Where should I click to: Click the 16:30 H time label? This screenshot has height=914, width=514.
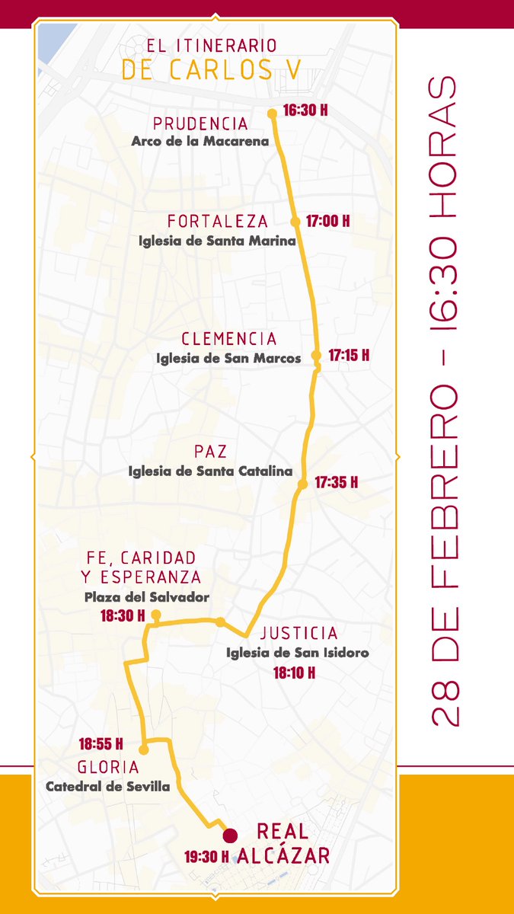point(305,110)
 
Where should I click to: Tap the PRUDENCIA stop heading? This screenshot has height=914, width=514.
point(200,123)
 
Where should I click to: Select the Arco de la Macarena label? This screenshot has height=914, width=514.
point(200,141)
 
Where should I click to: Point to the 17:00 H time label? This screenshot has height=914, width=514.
point(327,222)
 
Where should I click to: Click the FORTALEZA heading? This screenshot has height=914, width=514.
point(218,222)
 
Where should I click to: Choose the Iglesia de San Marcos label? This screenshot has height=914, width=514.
point(228,358)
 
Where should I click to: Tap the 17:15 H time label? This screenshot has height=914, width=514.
point(349,355)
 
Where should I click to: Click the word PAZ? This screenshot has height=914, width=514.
point(211,452)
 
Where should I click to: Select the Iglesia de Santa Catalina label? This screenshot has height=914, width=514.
point(211,471)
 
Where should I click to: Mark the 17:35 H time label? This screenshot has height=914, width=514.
point(336,482)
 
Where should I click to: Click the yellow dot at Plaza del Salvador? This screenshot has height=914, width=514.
point(155,615)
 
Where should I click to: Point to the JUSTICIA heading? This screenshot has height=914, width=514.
point(299,633)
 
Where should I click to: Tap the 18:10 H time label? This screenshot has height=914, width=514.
point(294,673)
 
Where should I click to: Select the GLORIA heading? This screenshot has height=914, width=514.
point(108,767)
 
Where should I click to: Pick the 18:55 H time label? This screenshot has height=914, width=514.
point(101,743)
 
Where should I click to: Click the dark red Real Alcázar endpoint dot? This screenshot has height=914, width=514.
point(230,835)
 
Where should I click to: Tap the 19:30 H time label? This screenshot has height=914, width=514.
point(206,857)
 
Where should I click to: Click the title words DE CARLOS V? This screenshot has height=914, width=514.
point(211,69)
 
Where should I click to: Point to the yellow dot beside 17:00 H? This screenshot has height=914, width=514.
point(295,222)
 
